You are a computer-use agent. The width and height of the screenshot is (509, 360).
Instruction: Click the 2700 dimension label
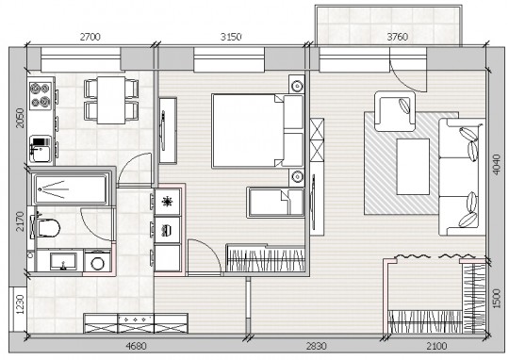pyautogui.click(x=90, y=37)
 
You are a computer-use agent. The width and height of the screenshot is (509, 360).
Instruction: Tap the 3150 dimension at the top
pyautogui.click(x=231, y=37)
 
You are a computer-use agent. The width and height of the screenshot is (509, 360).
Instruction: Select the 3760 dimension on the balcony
pyautogui.click(x=398, y=37)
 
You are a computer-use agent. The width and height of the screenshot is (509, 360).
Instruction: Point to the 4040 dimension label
pyautogui.click(x=497, y=165)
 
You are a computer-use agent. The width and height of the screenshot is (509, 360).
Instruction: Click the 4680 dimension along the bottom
pyautogui.click(x=136, y=346)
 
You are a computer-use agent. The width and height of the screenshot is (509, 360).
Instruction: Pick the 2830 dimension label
pyautogui.click(x=316, y=346)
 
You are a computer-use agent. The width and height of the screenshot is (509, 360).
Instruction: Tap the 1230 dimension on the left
pyautogui.click(x=21, y=304)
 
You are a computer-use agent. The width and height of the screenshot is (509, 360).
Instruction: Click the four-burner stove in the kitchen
pyautogui.click(x=41, y=95)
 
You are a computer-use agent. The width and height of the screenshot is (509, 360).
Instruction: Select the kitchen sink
pyautogui.click(x=41, y=149)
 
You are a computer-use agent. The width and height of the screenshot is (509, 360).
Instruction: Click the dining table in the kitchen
pyautogui.click(x=111, y=100)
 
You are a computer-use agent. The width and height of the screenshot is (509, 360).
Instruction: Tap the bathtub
pyautogui.click(x=71, y=189)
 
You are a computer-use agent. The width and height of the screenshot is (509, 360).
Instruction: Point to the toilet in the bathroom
pyautogui.click(x=45, y=227)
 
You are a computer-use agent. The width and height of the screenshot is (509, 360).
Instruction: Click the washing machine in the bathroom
pyautogui.click(x=97, y=262)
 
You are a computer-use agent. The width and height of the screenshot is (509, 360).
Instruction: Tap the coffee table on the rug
pyautogui.click(x=413, y=167)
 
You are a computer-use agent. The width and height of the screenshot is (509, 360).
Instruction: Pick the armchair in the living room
pyautogui.click(x=395, y=111)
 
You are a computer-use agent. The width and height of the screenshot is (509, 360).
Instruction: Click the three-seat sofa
pyautogui.click(x=462, y=177)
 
